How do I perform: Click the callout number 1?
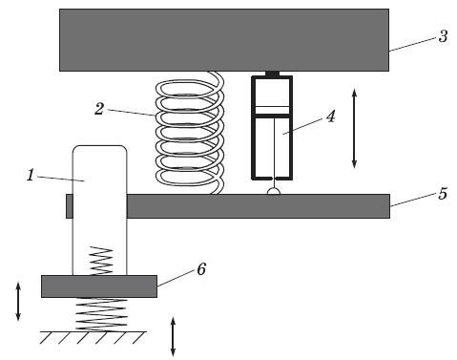[31, 175]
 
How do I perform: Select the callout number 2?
[99, 109]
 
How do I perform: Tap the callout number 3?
[443, 36]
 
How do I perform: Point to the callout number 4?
[331, 116]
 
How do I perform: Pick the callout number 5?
[443, 193]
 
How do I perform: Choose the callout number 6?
[201, 269]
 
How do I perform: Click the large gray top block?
[224, 40]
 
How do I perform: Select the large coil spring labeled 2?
[190, 133]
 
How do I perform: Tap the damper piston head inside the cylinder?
[272, 111]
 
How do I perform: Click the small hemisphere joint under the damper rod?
[274, 191]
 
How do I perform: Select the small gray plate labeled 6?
[99, 286]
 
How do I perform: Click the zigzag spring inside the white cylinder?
[102, 261]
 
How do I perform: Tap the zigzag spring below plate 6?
[101, 314]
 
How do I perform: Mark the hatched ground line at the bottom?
[93, 337]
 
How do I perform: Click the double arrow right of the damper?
[354, 128]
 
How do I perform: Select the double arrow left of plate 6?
[18, 301]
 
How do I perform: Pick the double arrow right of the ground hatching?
[173, 336]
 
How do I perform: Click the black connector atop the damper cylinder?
[272, 74]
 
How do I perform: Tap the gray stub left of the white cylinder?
[70, 206]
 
